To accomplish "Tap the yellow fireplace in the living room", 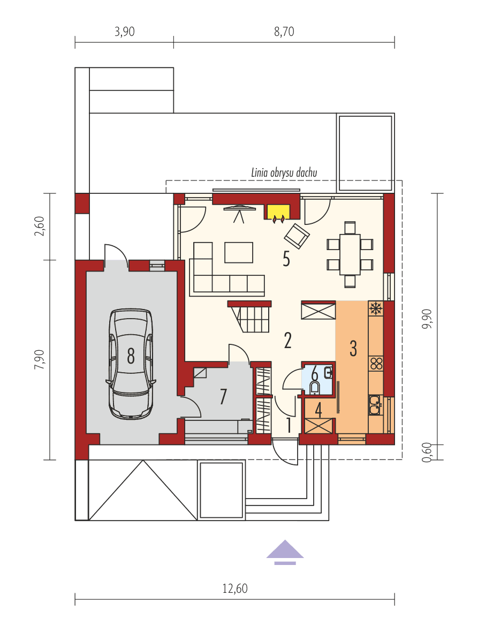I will pos(278,212).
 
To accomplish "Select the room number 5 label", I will pos(286,260).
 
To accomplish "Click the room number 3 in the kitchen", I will pos(353,348).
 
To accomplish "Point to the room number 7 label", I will pos(223,397).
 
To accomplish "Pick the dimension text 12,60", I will pos(234,589).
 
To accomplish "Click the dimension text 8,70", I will pos(284,32).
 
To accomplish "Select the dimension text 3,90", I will pos(124,32).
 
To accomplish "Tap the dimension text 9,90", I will pos(427,320).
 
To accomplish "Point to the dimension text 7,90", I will pos(39,359).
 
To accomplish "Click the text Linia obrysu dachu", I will pos(284,172).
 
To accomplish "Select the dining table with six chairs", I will pos(350,255).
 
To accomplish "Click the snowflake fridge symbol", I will pos(376,308).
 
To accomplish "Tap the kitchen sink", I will pos(375,404).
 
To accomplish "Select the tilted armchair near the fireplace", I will pos(297,236).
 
